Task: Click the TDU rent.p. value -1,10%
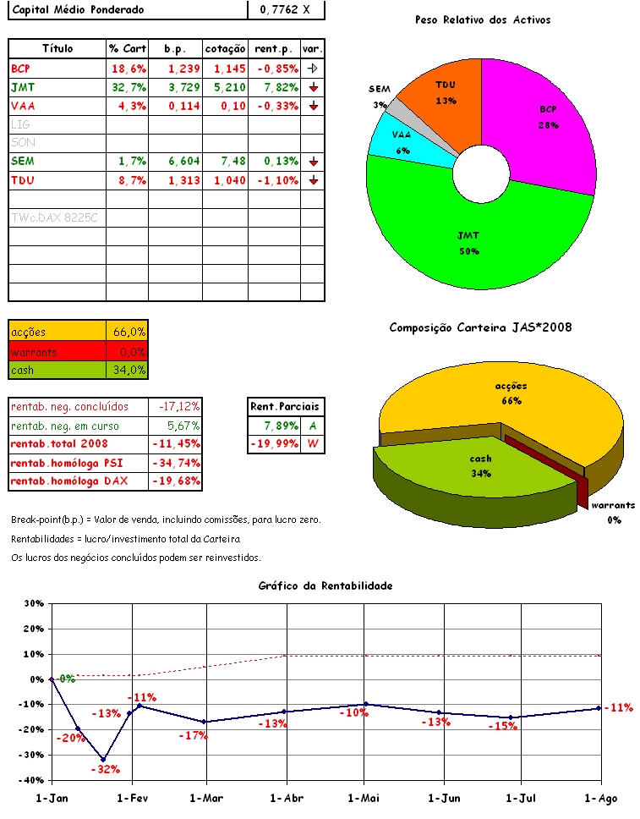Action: (276, 179)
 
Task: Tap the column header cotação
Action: (226, 49)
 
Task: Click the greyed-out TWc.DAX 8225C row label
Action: (54, 217)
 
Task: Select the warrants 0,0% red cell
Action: (128, 351)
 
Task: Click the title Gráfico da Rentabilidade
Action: (325, 585)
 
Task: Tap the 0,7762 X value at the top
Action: (286, 10)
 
